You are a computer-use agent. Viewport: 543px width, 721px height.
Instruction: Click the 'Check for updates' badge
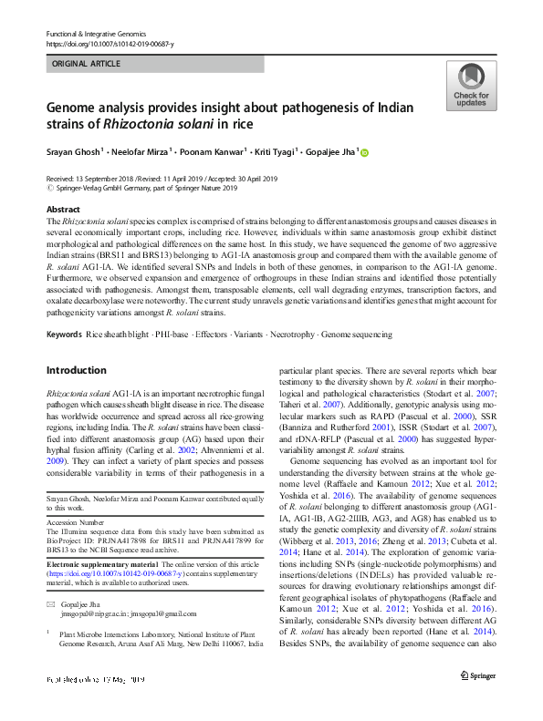[x=471, y=87]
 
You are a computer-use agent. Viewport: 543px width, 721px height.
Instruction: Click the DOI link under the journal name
[x=109, y=43]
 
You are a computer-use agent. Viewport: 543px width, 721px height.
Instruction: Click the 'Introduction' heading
[x=76, y=370]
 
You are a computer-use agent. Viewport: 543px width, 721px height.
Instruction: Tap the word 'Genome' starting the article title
[x=69, y=107]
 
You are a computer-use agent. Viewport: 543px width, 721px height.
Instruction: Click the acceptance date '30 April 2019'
[x=224, y=179]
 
